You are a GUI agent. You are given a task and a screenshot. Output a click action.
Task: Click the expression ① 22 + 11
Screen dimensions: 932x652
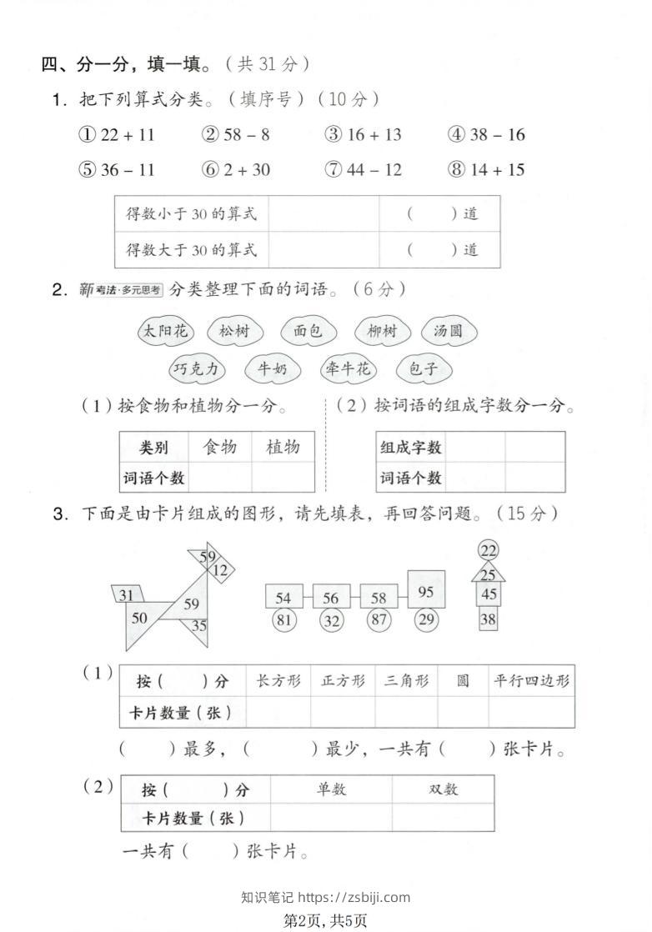click(x=117, y=135)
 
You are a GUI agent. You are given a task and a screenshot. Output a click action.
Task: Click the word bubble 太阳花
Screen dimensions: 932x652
click(x=164, y=331)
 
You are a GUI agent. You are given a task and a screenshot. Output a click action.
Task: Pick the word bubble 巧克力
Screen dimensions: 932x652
click(x=198, y=368)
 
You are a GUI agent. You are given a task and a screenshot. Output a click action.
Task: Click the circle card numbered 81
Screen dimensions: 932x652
click(x=283, y=620)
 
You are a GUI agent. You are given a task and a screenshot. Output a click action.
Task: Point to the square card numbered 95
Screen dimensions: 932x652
click(x=426, y=592)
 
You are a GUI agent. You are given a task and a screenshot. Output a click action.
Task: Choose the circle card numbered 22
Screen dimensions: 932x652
click(x=489, y=551)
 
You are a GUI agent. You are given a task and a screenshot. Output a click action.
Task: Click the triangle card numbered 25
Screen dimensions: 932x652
click(x=489, y=574)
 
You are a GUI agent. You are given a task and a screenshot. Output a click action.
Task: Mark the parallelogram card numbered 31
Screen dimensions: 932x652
click(x=128, y=594)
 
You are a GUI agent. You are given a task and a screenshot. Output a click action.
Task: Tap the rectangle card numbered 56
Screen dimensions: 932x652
click(x=331, y=598)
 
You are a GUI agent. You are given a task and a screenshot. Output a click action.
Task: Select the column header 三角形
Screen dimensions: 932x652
click(x=406, y=681)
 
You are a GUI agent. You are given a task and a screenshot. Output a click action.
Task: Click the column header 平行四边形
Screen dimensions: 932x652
click(x=531, y=681)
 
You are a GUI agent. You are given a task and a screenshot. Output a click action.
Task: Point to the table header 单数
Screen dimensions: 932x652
click(x=331, y=789)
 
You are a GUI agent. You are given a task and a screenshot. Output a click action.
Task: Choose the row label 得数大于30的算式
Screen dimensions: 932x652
click(x=192, y=249)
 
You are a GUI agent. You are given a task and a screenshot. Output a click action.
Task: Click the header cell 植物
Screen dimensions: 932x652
click(x=283, y=448)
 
